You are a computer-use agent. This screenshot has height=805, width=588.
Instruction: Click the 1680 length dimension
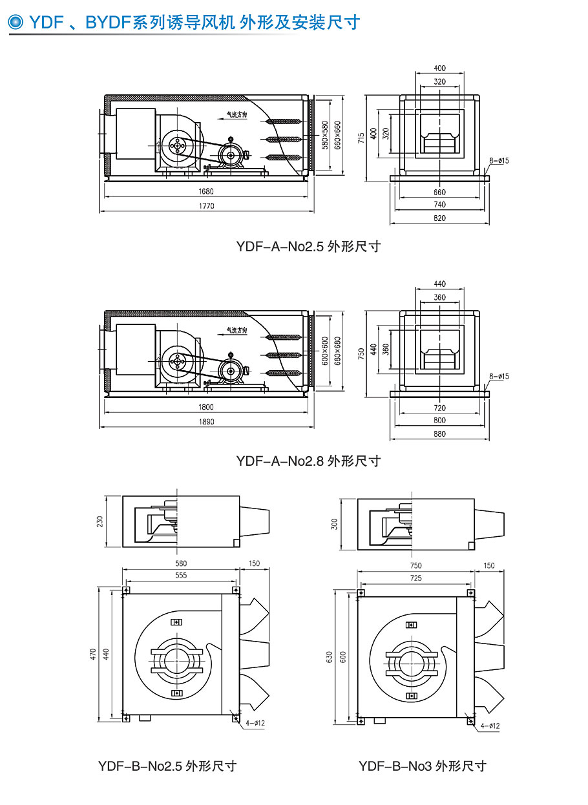[207, 191]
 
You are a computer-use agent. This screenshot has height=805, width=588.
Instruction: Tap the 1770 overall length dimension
[207, 206]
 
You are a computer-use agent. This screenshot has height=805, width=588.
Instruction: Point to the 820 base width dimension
[439, 218]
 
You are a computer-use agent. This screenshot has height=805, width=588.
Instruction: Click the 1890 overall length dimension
[207, 421]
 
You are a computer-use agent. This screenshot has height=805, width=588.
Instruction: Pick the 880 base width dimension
[439, 434]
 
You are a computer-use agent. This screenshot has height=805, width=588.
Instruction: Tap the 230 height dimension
[100, 521]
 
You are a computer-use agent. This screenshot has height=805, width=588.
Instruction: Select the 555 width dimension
[181, 575]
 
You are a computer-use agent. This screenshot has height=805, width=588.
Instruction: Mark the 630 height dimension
[329, 657]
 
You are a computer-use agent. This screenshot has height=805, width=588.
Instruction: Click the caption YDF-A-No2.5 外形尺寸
[308, 246]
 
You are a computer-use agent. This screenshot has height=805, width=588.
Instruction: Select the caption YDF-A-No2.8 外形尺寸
[308, 461]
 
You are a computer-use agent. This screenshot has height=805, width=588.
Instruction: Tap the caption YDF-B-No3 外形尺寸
[423, 766]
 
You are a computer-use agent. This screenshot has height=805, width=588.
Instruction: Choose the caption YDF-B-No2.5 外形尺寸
[167, 766]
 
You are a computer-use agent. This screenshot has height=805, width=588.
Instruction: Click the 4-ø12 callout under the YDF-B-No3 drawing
[489, 726]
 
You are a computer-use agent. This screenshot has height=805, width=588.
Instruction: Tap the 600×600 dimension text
[325, 350]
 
